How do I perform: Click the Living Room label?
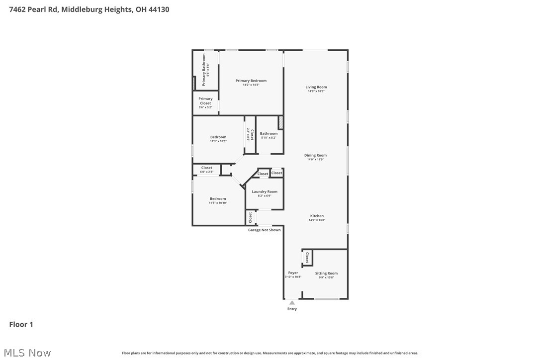pos(316,87)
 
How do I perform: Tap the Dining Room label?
pos(315,155)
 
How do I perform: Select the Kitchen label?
pos(317,216)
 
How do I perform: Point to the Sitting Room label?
pos(326,273)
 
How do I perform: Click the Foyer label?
pos(293,272)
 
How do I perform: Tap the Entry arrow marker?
pos(292,302)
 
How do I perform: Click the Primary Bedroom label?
pos(251,81)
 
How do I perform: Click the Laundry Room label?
pos(264,191)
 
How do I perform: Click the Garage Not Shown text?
pos(264,230)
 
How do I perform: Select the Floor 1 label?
pos(21,324)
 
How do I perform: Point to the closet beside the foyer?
pos(307,258)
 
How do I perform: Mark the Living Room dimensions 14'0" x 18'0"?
pos(316,91)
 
